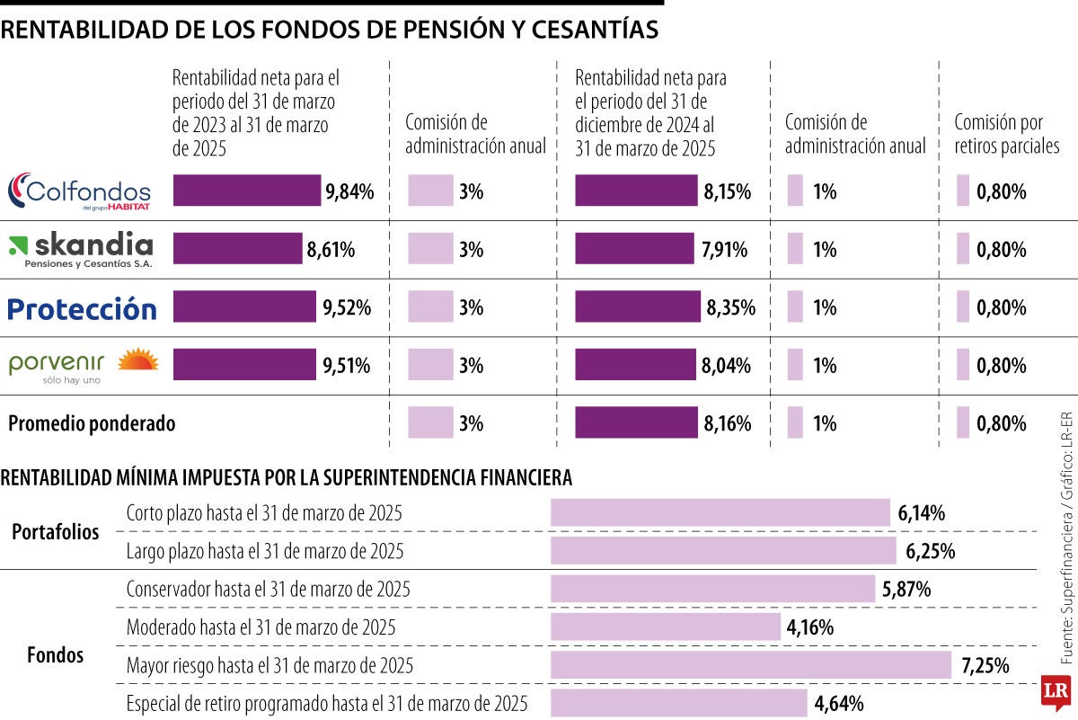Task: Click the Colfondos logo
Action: [x=79, y=191]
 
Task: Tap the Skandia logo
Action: [x=81, y=249]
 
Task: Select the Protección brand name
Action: [x=82, y=308]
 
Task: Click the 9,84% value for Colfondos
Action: [x=349, y=191]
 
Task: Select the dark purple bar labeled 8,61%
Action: [x=237, y=249]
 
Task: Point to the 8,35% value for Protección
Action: [x=730, y=308]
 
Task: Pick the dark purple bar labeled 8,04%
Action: [x=635, y=366]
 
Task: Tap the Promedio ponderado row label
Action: [x=92, y=423]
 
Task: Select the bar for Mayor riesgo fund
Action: [x=750, y=665]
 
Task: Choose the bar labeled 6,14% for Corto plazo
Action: [x=720, y=512]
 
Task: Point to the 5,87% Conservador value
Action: [x=906, y=590]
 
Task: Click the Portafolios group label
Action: [x=56, y=531]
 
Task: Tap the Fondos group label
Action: [x=56, y=655]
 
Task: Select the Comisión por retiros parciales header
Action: [x=1006, y=134]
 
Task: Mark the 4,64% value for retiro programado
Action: [x=839, y=703]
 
